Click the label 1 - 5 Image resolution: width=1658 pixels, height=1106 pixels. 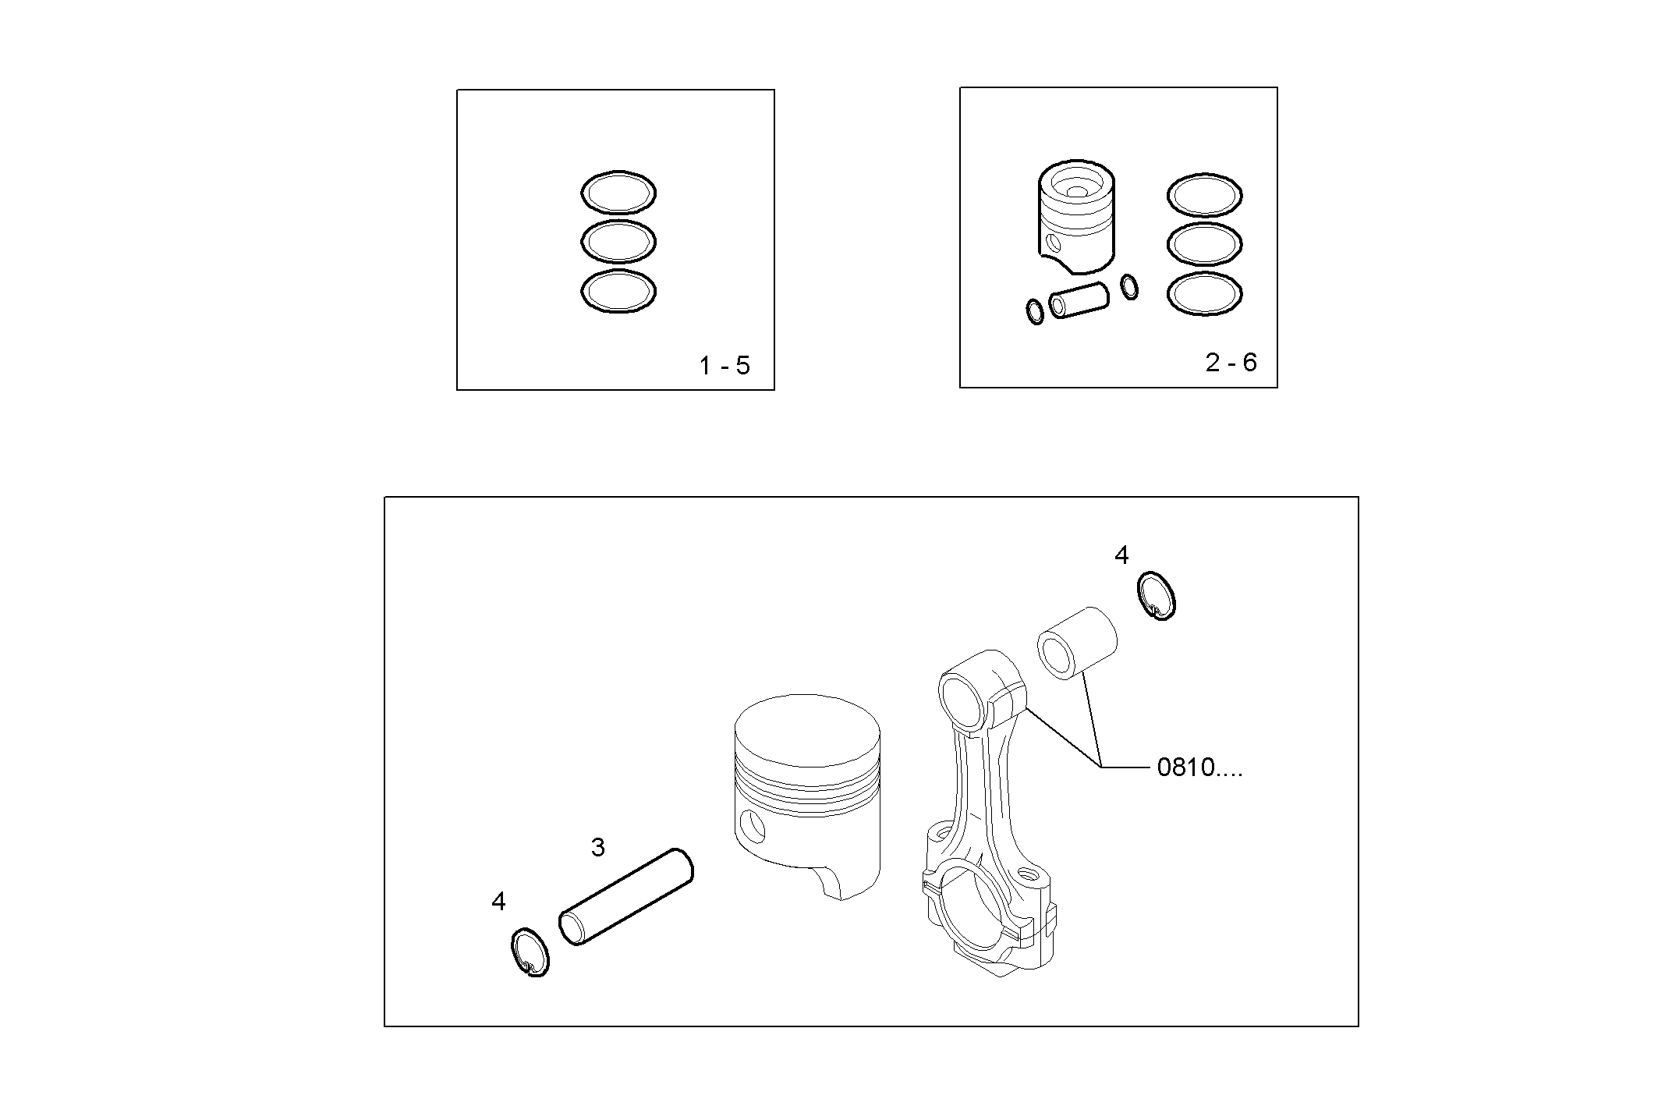(x=724, y=366)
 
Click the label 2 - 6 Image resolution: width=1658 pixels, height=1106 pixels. (x=1231, y=363)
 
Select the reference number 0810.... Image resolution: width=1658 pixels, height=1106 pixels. (x=1198, y=767)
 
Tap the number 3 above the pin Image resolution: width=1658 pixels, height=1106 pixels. (x=597, y=847)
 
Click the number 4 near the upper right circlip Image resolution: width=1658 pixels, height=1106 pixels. (x=1121, y=555)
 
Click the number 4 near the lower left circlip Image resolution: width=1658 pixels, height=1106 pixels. (x=498, y=902)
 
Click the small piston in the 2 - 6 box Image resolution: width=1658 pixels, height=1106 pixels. (x=1076, y=218)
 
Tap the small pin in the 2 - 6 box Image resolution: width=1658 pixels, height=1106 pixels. (x=1079, y=300)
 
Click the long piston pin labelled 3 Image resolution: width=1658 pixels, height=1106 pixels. (x=627, y=897)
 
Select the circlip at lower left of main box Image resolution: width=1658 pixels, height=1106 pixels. (x=530, y=952)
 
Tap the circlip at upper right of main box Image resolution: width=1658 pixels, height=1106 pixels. (x=1157, y=596)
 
